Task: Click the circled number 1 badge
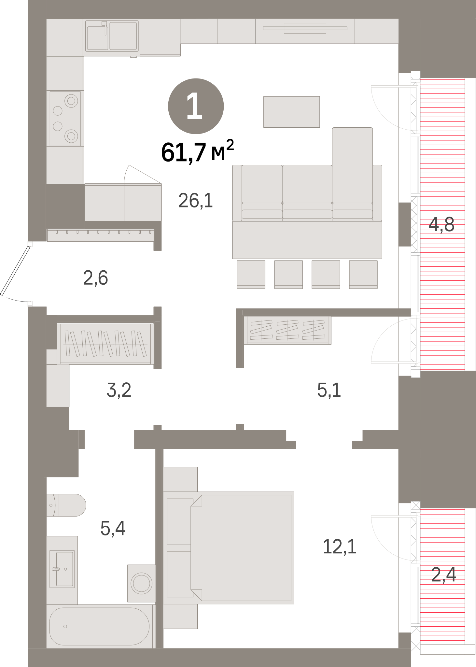point(196,106)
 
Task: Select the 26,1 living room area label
point(195,200)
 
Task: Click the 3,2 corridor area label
point(119,390)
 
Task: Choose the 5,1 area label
point(329,390)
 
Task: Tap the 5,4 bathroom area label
point(113,528)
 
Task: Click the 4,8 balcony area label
point(441,224)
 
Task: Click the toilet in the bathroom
point(66,505)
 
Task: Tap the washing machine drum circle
point(141,583)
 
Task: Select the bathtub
point(99,626)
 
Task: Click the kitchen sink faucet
point(105,28)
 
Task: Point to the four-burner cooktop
point(65,118)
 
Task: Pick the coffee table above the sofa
point(291,112)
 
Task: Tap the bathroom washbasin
point(62,569)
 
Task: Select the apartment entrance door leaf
point(15,271)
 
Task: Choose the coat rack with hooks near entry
point(100,235)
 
